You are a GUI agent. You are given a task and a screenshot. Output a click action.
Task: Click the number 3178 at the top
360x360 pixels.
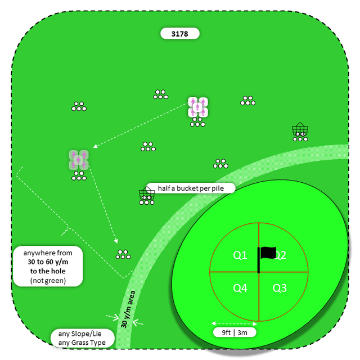(x=179, y=34)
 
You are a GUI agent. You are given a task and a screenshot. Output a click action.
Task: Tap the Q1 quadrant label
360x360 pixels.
(x=240, y=255)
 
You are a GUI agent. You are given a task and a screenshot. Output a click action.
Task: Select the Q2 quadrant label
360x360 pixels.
(x=280, y=255)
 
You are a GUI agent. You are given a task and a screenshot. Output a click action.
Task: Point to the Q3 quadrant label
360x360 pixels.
(x=280, y=288)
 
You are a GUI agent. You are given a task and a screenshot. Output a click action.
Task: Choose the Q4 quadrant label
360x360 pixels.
(x=240, y=288)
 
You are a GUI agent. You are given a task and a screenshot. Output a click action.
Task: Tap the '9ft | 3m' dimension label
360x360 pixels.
(x=235, y=332)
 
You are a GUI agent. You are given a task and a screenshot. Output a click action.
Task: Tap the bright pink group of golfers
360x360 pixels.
(x=198, y=107)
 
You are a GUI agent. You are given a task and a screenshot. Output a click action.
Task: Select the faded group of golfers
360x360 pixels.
(x=79, y=160)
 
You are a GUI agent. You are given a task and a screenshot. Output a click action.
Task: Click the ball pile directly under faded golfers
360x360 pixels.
(x=79, y=177)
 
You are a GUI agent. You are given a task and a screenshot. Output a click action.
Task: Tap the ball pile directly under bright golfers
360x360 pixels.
(x=198, y=123)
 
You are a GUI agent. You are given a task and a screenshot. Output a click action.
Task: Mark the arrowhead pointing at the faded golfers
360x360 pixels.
(x=95, y=146)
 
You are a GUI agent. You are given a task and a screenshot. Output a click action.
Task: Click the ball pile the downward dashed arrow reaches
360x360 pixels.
(x=123, y=254)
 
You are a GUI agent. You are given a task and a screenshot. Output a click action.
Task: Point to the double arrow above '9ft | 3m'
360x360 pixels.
(x=234, y=323)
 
